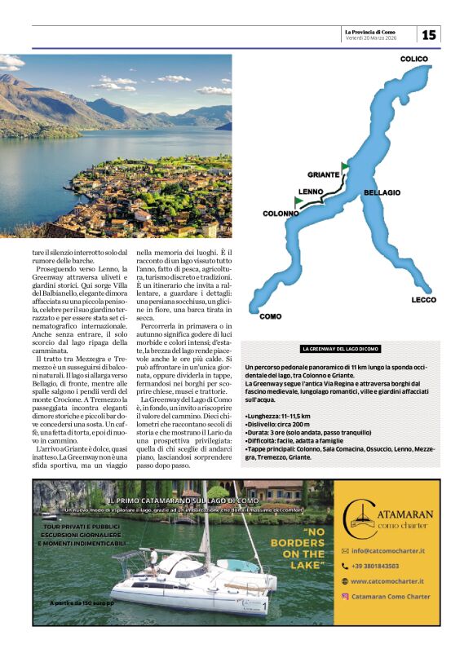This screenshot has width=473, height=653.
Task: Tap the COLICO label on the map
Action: [414, 59]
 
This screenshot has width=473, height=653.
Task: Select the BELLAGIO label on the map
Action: [382, 192]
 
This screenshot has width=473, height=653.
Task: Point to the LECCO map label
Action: [423, 300]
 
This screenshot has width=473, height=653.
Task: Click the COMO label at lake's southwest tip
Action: [270, 316]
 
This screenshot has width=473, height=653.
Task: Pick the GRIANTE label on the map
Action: [324, 174]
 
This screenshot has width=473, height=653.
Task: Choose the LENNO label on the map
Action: [312, 192]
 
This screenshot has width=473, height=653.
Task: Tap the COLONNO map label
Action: [281, 214]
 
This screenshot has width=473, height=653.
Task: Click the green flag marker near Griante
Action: [345, 167]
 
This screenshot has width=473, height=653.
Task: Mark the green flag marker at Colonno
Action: [298, 201]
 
